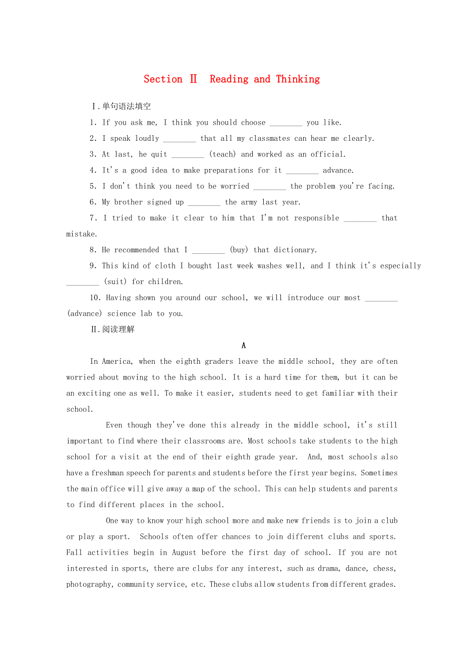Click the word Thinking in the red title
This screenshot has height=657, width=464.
tap(298, 79)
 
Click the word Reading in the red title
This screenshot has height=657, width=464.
tap(229, 79)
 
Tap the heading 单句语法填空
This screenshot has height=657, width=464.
tap(126, 106)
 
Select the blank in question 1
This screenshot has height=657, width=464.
tap(286, 123)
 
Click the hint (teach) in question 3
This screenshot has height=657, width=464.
tap(222, 154)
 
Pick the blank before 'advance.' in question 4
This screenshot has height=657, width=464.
tap(302, 171)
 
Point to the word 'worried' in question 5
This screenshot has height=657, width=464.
tap(235, 186)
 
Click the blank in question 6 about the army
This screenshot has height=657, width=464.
tap(204, 202)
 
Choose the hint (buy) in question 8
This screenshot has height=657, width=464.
tap(239, 250)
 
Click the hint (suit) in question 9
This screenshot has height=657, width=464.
tap(115, 282)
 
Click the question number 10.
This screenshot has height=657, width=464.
tap(96, 298)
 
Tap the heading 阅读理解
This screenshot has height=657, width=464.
tap(118, 330)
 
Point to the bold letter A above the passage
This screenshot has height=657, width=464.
tap(244, 346)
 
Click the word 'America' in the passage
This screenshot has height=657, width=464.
tap(117, 361)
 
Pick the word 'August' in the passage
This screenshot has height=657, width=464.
tap(184, 553)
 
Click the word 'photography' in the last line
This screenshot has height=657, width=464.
tap(89, 584)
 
